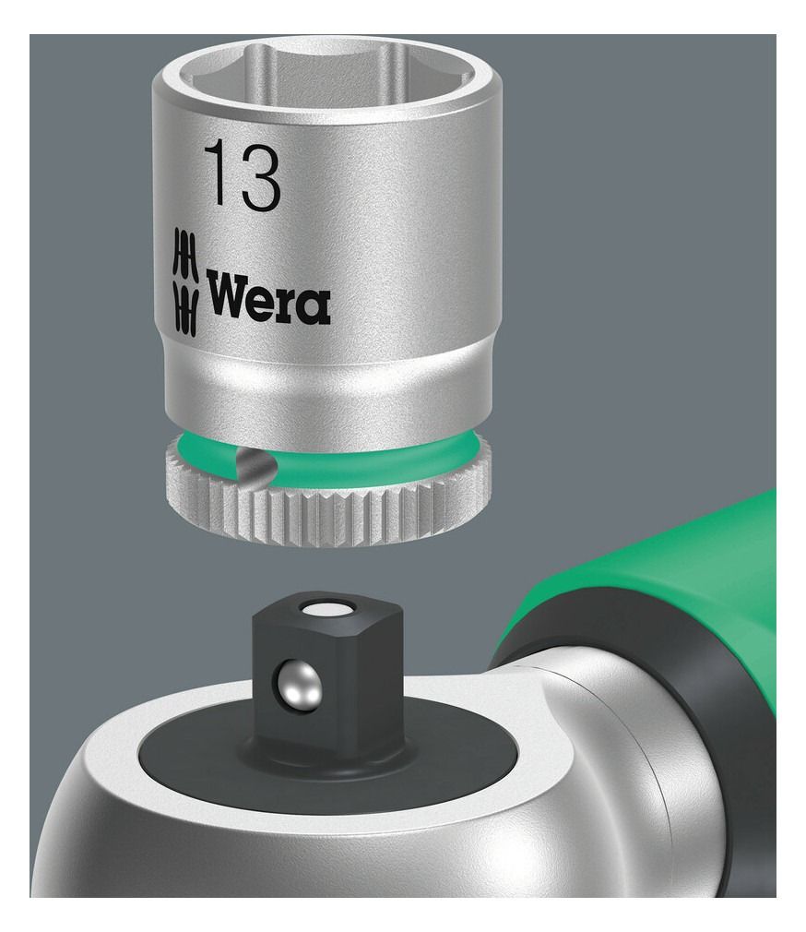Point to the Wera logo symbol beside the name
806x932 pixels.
(x=184, y=280)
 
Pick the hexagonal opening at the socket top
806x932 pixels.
(x=324, y=70)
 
